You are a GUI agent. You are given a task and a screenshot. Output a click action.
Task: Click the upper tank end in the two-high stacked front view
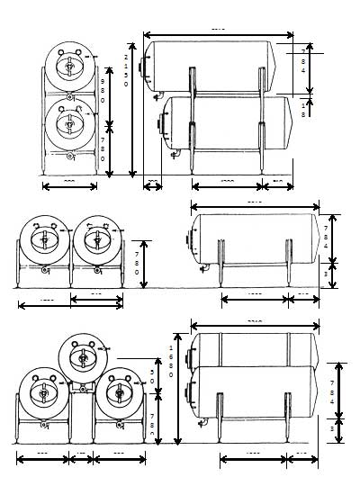(x=70, y=67)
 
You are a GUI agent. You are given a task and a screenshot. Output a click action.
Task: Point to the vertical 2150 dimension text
(x=126, y=70)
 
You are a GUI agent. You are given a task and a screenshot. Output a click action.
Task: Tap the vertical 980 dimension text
(x=103, y=90)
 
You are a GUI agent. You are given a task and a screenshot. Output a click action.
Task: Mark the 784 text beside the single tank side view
(x=326, y=239)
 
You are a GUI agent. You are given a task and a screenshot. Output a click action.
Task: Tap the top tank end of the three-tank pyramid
(x=82, y=357)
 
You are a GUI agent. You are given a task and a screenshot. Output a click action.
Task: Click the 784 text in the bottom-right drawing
(x=343, y=389)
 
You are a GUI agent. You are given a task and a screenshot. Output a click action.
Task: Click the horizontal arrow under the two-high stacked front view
(x=70, y=186)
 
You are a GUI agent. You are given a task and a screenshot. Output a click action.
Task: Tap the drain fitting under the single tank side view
(x=204, y=265)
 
